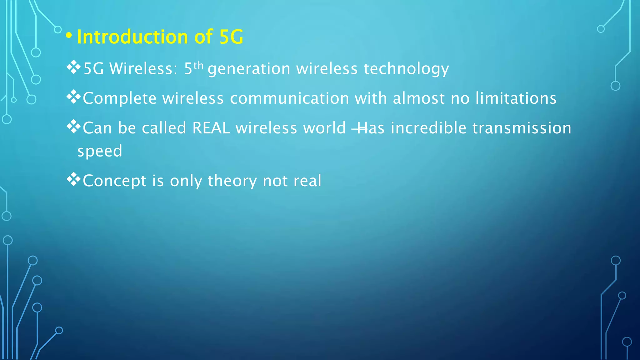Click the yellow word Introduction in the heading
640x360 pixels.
pos(132,37)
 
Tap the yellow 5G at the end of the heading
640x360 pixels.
pos(231,37)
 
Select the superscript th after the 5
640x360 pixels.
pos(198,66)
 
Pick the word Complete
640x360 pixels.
pos(119,98)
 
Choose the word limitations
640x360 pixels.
pos(516,98)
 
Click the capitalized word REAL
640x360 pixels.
pos(211,128)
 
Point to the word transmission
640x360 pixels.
pos(522,128)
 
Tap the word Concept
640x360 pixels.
pos(114,181)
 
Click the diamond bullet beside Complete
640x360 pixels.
pos(74,97)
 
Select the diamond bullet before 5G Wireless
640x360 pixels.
pos(74,67)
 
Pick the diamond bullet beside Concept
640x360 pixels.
pos(74,179)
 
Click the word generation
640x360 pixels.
pos(249,69)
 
